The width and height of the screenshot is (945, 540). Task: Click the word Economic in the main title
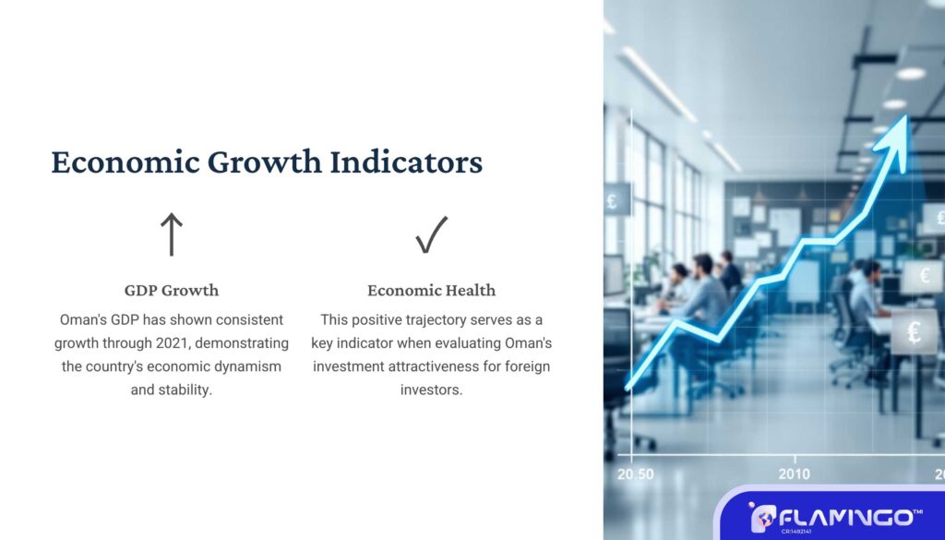[126, 162]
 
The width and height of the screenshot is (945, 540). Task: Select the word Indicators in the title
[406, 162]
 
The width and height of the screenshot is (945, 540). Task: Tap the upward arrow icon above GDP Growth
[171, 234]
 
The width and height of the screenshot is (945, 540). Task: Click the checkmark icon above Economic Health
[432, 234]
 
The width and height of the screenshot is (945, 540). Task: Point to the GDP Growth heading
[172, 291]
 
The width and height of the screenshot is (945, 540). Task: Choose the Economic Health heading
[432, 291]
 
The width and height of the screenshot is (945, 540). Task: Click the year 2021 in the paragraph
[172, 343]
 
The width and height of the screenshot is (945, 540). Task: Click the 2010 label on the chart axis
[795, 474]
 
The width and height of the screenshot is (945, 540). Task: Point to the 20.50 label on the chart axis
[635, 474]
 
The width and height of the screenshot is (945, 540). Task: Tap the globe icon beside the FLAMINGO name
[763, 518]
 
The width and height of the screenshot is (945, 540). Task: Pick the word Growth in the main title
[265, 162]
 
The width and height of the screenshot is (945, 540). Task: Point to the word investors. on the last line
[432, 390]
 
